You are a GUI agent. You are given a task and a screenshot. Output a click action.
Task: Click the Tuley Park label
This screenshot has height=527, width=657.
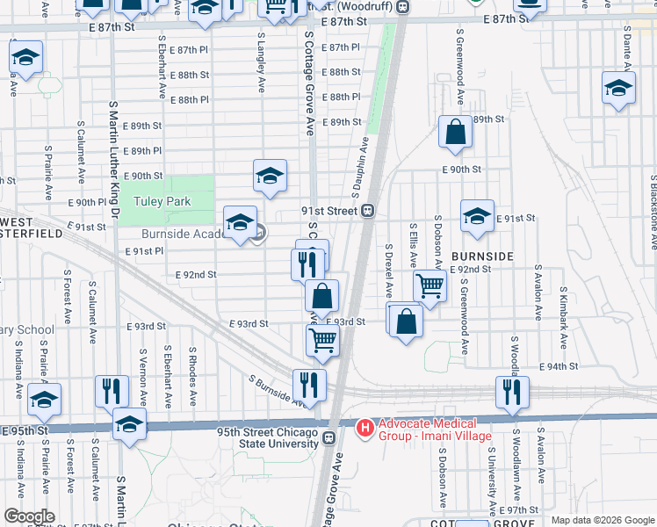[162, 201]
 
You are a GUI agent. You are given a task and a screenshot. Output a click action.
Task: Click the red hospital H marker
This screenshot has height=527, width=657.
[365, 428]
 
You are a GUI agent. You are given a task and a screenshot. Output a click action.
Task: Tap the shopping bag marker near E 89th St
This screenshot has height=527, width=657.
[456, 133]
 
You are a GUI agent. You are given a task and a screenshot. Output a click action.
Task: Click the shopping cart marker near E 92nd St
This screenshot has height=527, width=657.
[430, 285]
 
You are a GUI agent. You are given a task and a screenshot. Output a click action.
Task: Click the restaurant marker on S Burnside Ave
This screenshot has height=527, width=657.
[309, 385]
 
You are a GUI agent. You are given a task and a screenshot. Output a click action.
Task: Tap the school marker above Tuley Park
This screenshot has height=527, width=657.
[270, 175]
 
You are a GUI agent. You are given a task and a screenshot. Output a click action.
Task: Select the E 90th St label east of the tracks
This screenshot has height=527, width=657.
[461, 169]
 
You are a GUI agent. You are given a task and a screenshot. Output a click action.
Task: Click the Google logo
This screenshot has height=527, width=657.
[30, 516]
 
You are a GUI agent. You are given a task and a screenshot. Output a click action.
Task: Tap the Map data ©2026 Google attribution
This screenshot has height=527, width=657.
[603, 520]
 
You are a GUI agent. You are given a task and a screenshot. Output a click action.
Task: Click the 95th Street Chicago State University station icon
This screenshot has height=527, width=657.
[328, 437]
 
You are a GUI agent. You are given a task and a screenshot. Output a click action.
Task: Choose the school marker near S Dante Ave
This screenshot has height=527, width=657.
[618, 89]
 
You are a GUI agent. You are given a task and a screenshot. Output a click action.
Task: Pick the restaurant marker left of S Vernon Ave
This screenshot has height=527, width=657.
[111, 391]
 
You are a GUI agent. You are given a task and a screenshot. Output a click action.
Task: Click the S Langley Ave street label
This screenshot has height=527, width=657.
[262, 62]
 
